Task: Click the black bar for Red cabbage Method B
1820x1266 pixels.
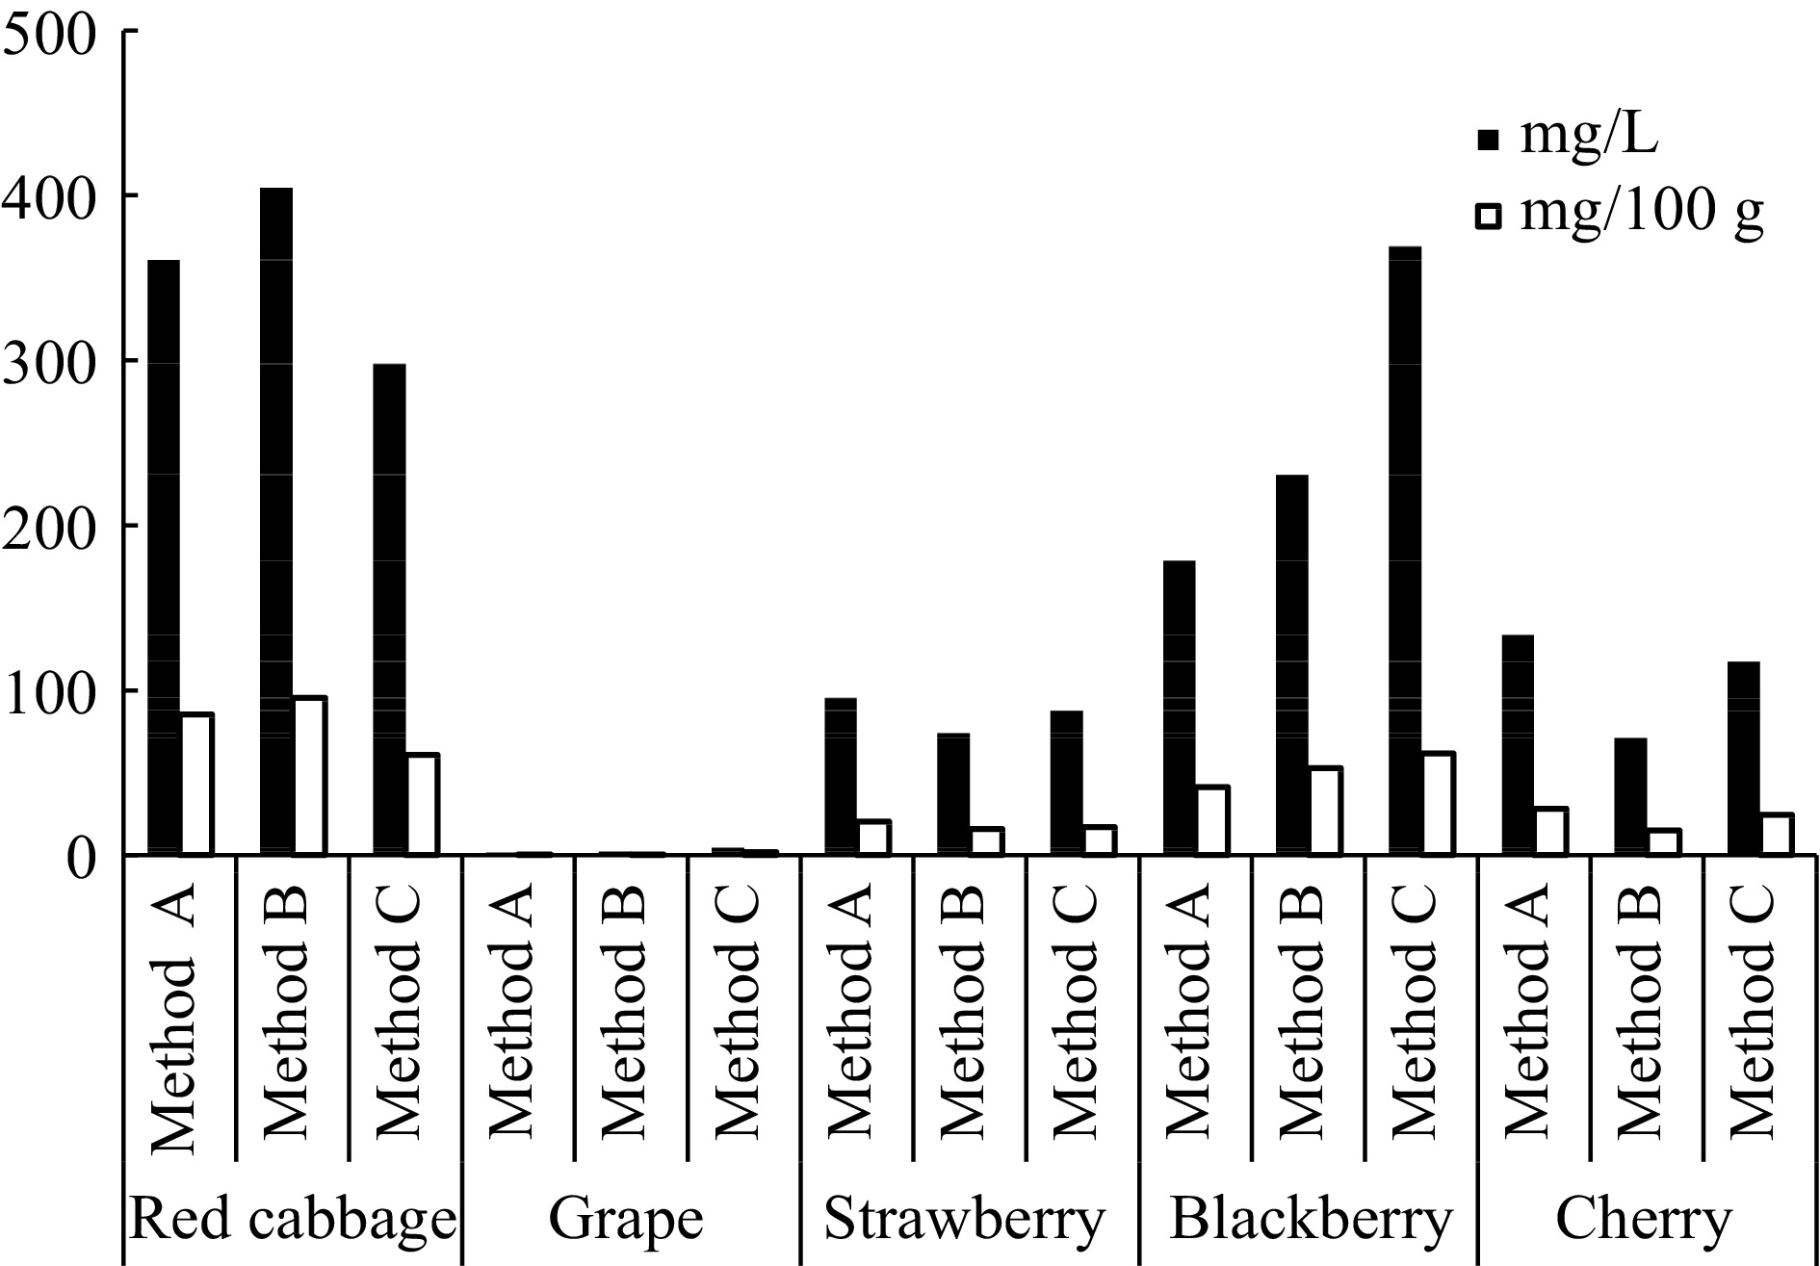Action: [276, 521]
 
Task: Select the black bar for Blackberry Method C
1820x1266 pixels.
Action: [1406, 551]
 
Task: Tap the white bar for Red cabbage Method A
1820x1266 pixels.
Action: [196, 785]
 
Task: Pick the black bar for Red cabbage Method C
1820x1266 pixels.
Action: [389, 609]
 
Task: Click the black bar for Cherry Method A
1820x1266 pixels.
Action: [1518, 745]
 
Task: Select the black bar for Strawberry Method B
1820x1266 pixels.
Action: [953, 794]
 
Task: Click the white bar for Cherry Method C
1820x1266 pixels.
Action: [1777, 835]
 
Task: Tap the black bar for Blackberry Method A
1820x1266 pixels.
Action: [1180, 708]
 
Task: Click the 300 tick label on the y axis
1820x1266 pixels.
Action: [48, 361]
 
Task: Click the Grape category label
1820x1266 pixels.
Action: [626, 1220]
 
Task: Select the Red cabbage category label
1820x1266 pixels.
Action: [292, 1220]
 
